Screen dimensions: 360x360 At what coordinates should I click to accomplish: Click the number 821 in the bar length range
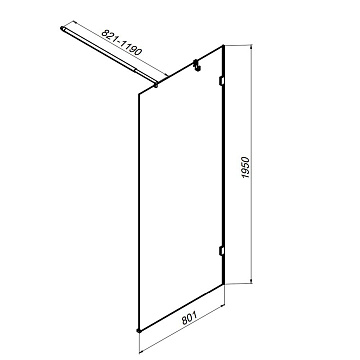tap(109, 36)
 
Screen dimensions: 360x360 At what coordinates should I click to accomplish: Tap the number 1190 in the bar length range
tap(131, 46)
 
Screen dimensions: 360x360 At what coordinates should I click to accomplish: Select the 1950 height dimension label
tap(246, 167)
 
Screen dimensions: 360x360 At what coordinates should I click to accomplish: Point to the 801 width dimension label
tap(190, 318)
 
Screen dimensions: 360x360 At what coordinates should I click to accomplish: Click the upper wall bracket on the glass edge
tap(221, 81)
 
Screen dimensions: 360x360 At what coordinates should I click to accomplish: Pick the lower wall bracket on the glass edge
tap(221, 251)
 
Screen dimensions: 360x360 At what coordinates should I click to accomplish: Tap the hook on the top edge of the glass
tap(196, 65)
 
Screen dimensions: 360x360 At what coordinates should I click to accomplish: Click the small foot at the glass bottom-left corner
tap(139, 330)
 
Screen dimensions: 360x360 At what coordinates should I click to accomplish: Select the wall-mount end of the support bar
tap(62, 29)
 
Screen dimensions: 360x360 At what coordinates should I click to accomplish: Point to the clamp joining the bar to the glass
tap(156, 86)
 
